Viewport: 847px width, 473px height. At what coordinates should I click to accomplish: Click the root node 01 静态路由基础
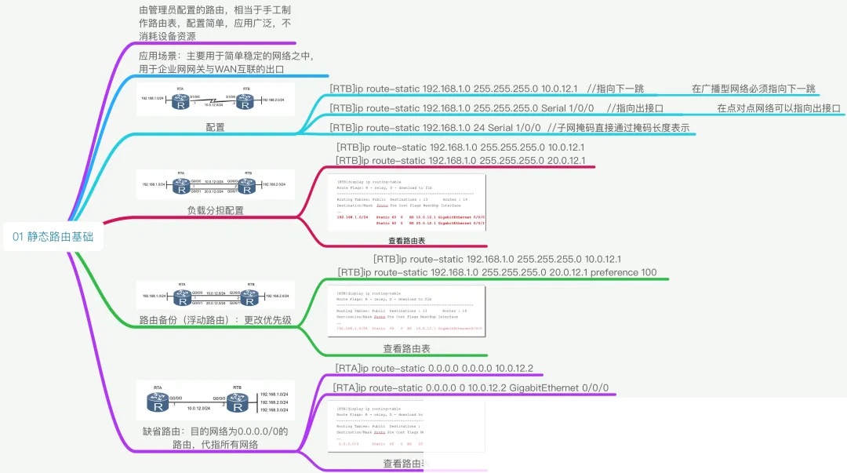pyautogui.click(x=53, y=237)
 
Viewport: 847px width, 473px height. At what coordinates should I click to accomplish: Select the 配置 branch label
pyautogui.click(x=215, y=127)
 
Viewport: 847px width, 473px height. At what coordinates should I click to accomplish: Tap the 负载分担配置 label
pyautogui.click(x=215, y=210)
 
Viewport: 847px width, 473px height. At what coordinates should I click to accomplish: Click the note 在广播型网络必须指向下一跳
pyautogui.click(x=754, y=89)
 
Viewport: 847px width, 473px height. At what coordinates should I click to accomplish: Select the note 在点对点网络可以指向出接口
pyautogui.click(x=778, y=108)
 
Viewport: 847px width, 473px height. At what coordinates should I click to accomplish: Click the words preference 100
pyautogui.click(x=623, y=272)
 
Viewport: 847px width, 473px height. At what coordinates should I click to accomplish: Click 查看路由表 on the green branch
pyautogui.click(x=406, y=348)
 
